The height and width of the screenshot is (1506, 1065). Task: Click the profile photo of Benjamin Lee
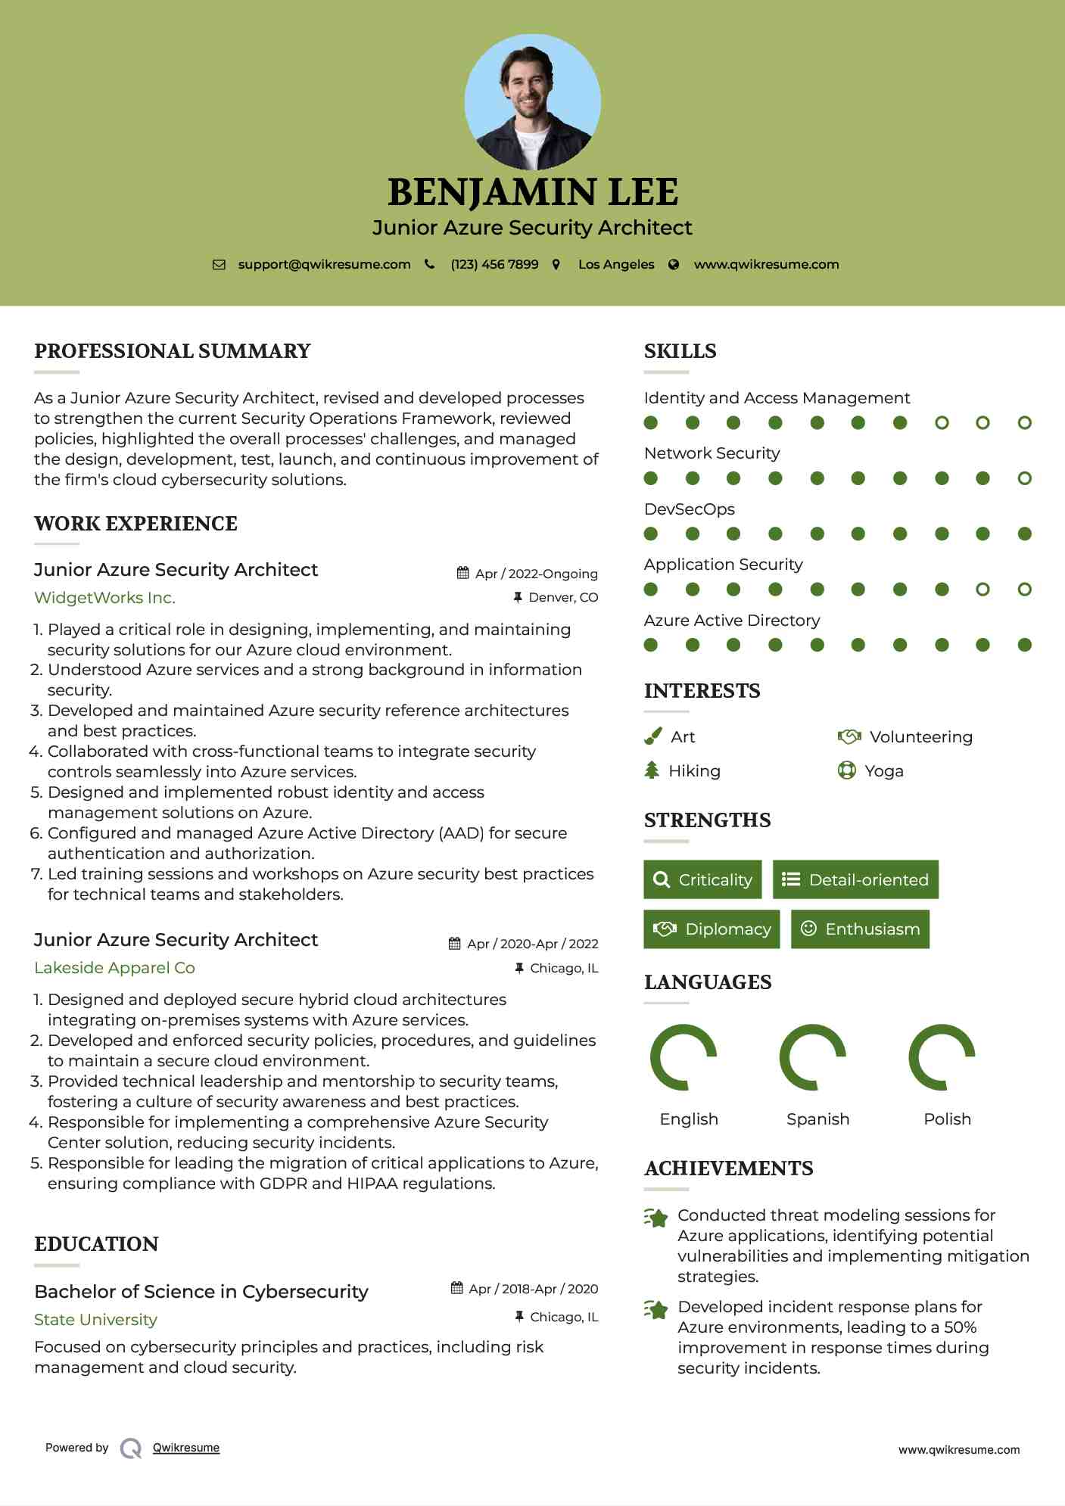tap(532, 102)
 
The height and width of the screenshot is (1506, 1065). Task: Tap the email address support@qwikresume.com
tap(324, 264)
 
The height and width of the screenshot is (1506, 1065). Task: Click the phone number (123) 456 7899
tap(494, 264)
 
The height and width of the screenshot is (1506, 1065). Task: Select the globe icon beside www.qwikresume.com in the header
tap(674, 265)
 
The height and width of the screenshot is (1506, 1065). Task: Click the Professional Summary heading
tap(173, 351)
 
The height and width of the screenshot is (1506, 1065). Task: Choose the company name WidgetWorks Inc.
tap(104, 598)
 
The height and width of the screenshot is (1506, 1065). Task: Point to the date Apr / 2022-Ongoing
tap(536, 574)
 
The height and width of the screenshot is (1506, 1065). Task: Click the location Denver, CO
tap(563, 598)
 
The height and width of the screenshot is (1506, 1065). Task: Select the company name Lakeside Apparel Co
tap(114, 968)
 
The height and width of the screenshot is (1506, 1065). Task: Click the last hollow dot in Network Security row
tap(1024, 478)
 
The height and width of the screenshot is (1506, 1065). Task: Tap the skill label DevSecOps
tap(689, 509)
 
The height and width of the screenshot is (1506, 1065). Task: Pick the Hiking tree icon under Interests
tap(652, 770)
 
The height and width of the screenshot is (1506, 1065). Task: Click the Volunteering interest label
tap(920, 737)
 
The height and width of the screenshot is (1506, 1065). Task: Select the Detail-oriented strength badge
tap(855, 879)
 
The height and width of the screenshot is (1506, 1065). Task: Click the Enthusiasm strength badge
tap(860, 929)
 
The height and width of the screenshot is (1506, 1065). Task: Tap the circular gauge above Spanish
tap(812, 1057)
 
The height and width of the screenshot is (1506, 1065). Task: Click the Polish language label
tap(947, 1119)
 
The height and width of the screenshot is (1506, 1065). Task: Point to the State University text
tap(95, 1320)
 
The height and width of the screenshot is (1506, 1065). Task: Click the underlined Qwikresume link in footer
tap(186, 1448)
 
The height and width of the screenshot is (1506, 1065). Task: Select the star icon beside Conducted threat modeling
tap(656, 1218)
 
